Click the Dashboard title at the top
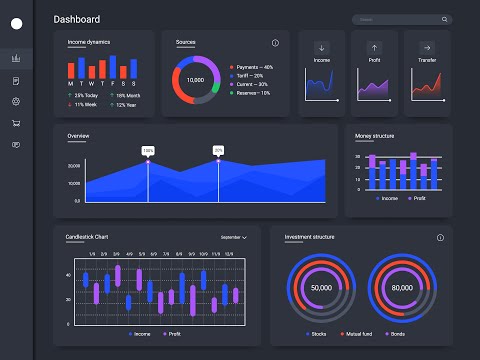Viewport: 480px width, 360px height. [76, 19]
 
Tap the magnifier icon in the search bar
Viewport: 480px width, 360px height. [444, 19]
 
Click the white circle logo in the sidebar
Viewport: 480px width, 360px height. [15, 24]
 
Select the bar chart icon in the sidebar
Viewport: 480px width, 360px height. [15, 58]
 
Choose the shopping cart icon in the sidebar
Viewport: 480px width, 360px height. [15, 123]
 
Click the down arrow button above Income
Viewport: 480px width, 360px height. [322, 47]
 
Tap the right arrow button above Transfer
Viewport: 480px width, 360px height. [426, 47]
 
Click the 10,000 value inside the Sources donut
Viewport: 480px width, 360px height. [195, 79]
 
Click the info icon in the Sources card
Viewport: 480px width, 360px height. [275, 43]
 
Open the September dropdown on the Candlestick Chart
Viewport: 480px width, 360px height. [233, 238]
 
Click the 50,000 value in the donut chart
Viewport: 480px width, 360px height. [321, 287]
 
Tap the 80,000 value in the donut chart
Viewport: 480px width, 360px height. [402, 287]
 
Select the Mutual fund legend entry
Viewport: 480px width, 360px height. [359, 333]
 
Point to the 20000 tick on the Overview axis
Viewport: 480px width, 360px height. [74, 166]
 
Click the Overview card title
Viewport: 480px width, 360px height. [78, 135]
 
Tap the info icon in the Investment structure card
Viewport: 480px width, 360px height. [439, 238]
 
